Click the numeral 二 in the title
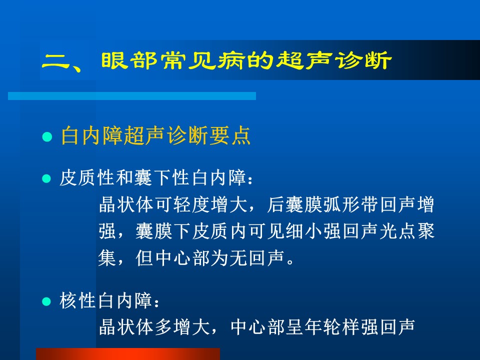tap(56, 61)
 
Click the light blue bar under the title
tap(132, 96)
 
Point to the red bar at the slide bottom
tap(128, 354)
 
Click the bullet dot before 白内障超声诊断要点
tap(47, 136)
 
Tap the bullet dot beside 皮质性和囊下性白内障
tap(46, 178)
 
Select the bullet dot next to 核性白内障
tap(46, 301)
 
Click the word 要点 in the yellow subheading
tap(230, 135)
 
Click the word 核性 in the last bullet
tap(78, 300)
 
